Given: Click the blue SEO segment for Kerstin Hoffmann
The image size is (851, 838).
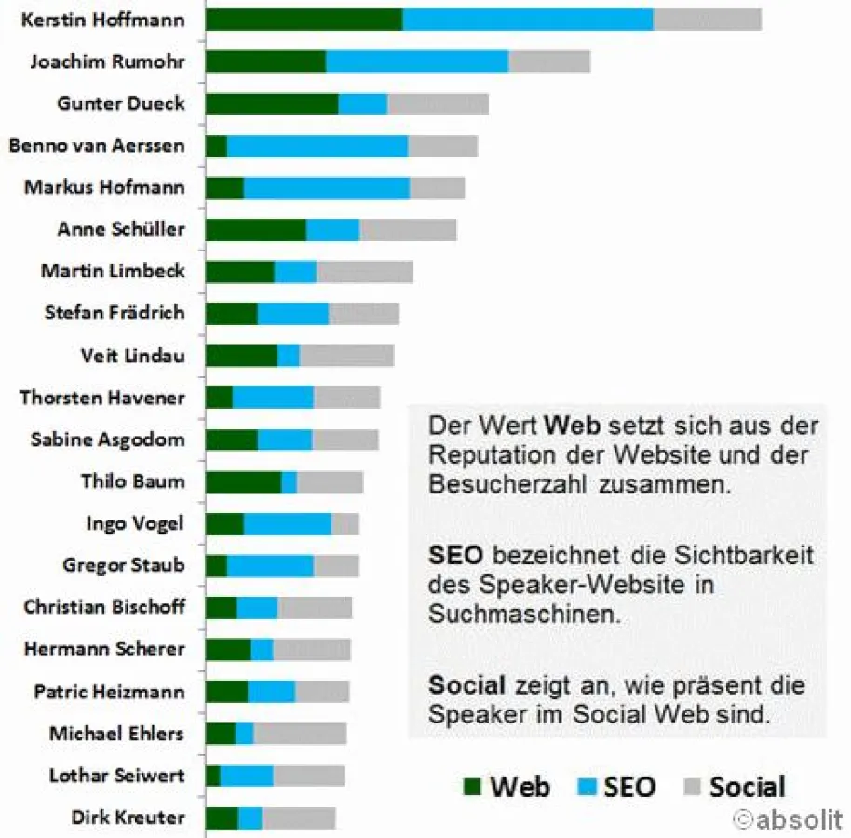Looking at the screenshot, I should (x=528, y=20).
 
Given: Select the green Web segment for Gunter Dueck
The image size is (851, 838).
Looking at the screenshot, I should (x=272, y=103).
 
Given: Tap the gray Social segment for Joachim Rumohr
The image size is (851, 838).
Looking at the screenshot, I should (x=549, y=61).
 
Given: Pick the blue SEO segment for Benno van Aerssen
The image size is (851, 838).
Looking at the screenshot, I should (x=317, y=146).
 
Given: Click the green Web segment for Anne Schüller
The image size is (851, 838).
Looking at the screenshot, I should (x=256, y=230).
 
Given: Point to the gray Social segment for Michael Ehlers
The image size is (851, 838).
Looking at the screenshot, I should (x=300, y=734).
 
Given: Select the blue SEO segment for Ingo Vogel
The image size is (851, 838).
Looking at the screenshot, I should (x=287, y=524).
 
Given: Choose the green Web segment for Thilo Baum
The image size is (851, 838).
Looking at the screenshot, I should (x=243, y=481).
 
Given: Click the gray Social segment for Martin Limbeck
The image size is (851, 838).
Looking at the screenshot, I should (x=364, y=272).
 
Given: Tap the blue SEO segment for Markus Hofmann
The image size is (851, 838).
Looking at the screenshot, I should (x=326, y=188).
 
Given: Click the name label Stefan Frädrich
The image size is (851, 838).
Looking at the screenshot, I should (x=115, y=313).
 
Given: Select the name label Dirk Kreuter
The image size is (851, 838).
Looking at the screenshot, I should (x=128, y=818).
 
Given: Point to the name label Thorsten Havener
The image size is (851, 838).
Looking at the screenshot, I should (x=102, y=398).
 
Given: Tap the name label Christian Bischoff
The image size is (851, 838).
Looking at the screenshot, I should (x=104, y=607).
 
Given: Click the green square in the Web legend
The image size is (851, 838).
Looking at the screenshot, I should (x=472, y=788).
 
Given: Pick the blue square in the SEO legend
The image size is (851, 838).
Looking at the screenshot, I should (x=584, y=788).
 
